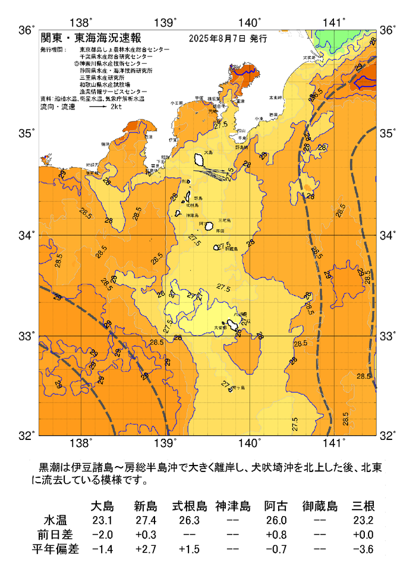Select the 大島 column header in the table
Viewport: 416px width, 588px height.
point(102,507)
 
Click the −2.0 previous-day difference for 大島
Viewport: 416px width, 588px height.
point(102,535)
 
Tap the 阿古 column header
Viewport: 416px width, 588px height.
point(276,507)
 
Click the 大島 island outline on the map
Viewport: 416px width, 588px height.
point(201,159)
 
